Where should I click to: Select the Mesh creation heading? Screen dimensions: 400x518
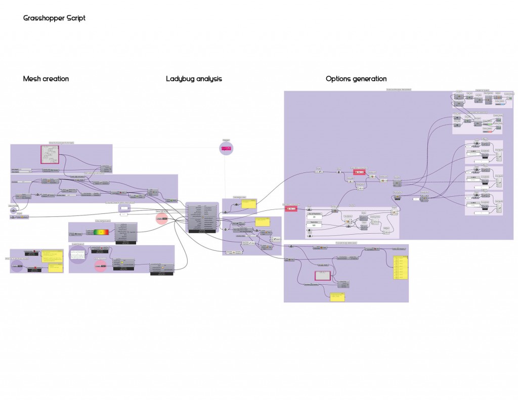(x=46, y=79)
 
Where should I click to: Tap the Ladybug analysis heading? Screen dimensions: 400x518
(x=194, y=79)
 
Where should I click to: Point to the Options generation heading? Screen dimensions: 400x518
(x=356, y=79)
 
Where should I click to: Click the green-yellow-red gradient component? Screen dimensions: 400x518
(x=101, y=232)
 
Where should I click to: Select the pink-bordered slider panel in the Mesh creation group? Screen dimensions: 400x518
(x=51, y=154)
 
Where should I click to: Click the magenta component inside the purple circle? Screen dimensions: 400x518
(x=226, y=148)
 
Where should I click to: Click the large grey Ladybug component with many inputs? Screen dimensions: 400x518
(x=201, y=217)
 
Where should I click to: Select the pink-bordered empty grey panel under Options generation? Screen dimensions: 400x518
(x=322, y=276)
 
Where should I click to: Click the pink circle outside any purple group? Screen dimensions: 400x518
(x=161, y=218)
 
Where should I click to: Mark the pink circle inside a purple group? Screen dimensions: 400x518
(x=100, y=266)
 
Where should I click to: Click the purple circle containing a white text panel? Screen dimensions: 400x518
(x=77, y=255)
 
